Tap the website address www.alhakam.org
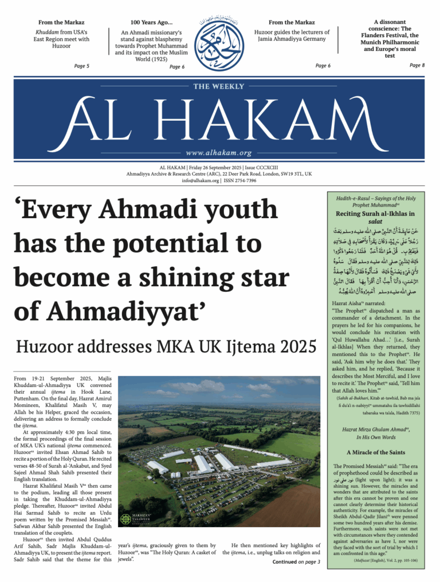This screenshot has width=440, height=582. [219, 153]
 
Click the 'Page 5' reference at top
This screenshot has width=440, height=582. [82, 66]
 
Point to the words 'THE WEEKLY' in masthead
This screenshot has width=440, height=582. [219, 86]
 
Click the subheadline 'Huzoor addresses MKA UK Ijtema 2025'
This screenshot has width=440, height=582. [166, 347]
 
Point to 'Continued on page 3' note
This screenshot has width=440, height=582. [296, 562]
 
